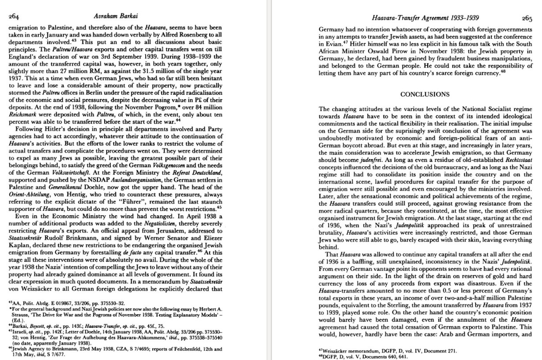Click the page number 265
[x=527, y=19]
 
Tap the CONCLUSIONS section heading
[x=425, y=94]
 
